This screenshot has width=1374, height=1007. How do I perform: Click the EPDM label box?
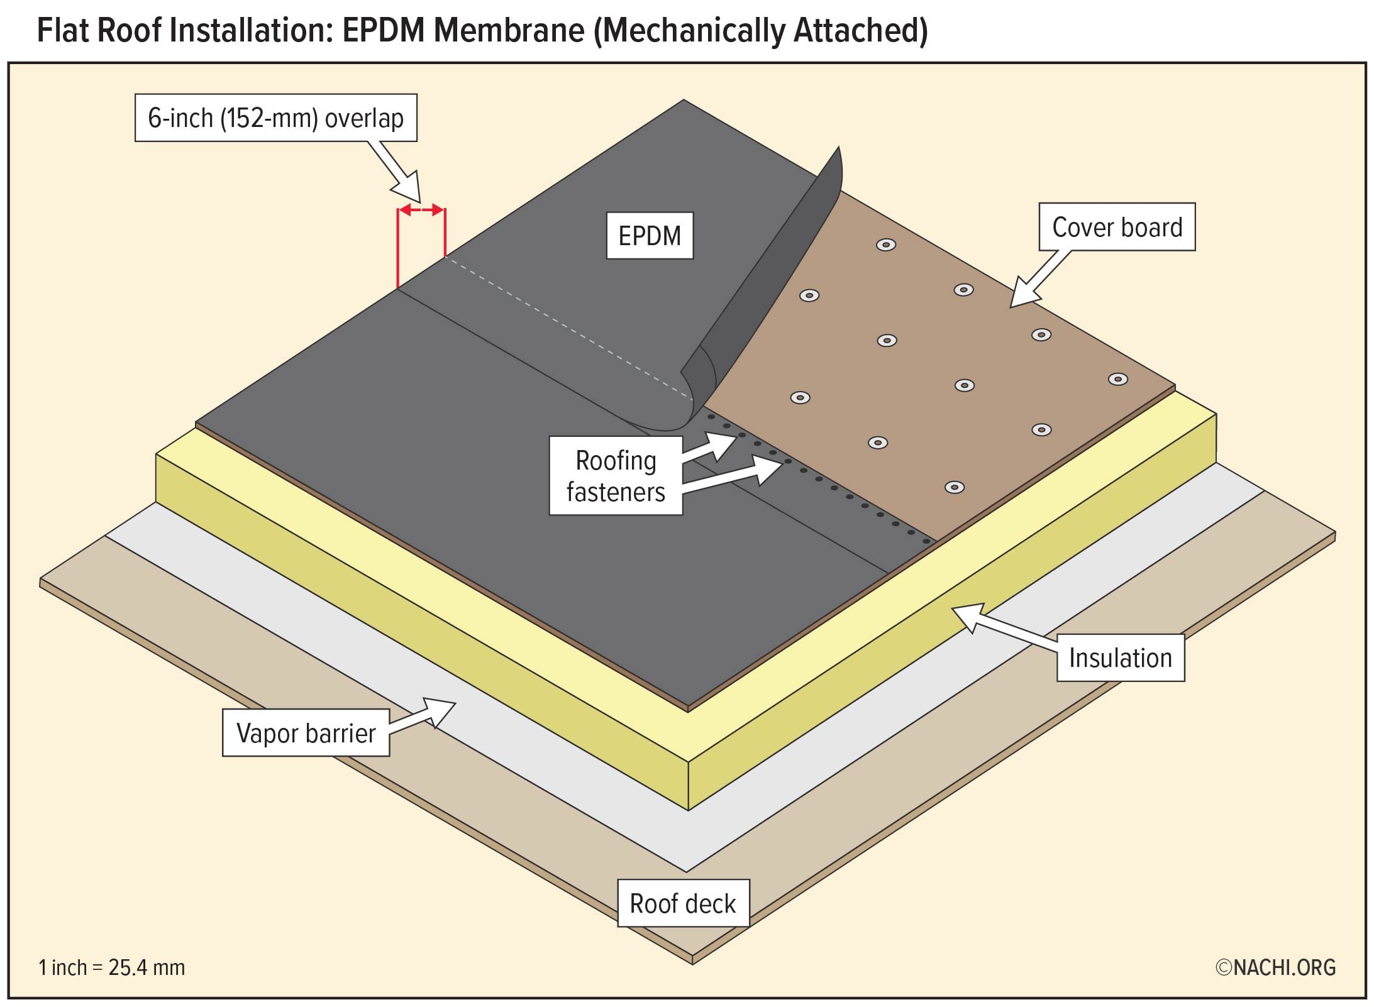650,236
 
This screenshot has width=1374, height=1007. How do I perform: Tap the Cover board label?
1116,227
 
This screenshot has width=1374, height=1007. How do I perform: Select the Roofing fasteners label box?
615,476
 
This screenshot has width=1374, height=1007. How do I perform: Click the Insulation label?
1120,658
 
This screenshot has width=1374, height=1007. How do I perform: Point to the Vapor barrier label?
306,733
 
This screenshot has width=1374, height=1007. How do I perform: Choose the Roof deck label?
683,903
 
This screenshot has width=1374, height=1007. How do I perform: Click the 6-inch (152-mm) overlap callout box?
275,118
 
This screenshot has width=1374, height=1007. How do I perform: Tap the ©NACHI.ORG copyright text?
1275,967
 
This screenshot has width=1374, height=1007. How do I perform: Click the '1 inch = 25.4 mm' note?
112,967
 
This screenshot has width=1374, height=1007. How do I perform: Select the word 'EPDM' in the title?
384,30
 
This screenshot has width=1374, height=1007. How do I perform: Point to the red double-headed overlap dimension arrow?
421,210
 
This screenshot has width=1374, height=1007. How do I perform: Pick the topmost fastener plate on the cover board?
886,245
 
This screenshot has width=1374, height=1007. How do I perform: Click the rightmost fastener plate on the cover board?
1117,379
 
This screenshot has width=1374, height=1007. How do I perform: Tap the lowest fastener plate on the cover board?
955,487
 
